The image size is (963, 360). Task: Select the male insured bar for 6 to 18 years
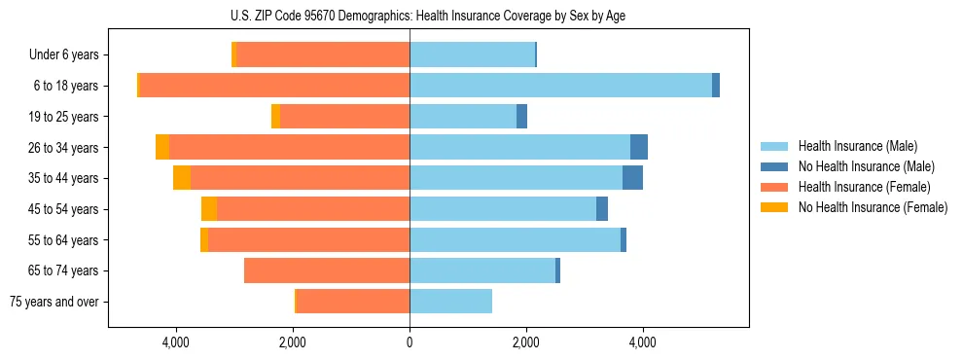pos(560,86)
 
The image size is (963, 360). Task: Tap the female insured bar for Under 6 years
pos(323,55)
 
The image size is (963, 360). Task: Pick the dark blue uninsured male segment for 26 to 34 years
pos(638,147)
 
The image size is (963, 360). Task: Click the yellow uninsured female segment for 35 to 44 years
pos(182,178)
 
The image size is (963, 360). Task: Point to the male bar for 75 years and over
pos(450,302)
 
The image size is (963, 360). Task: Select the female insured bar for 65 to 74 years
pos(327,270)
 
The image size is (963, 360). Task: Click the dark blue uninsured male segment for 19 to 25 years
pos(521,117)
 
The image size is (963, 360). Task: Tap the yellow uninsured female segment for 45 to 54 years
pos(209,209)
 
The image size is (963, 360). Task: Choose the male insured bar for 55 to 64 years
pos(515,239)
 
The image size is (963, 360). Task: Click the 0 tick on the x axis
pos(410,342)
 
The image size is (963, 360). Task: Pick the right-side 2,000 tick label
pos(525,342)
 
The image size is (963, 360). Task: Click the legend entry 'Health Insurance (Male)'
pos(857,146)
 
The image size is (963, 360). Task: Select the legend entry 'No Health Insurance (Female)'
pos(873,207)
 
